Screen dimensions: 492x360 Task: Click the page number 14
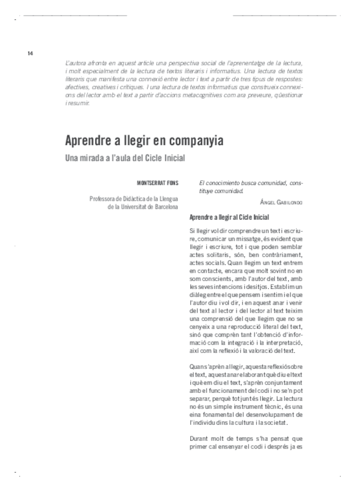[x=30, y=53]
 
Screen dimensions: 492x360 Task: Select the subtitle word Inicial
[x=177, y=158]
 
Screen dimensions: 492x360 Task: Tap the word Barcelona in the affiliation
[x=165, y=206]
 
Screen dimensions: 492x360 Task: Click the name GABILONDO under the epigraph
[x=288, y=203]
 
